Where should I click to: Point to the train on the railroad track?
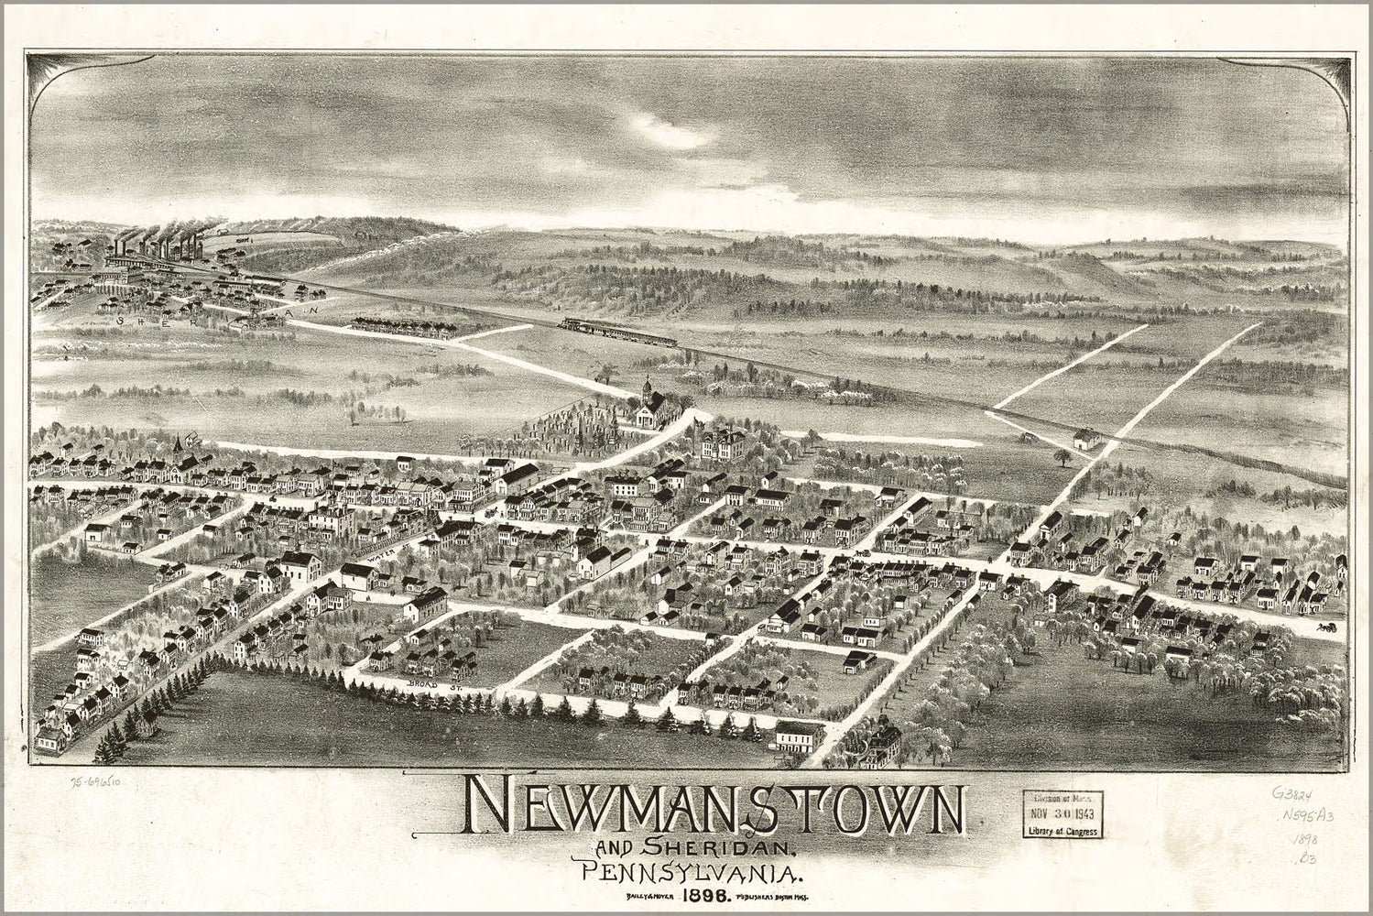coord(619,331)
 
